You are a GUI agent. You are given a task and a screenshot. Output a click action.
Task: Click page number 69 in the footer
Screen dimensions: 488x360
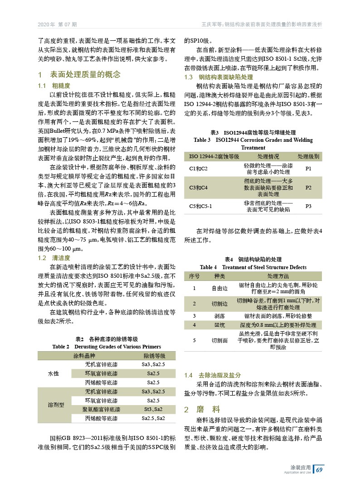coord(319,469)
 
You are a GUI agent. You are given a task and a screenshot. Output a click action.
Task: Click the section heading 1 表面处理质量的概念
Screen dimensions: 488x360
coord(79,74)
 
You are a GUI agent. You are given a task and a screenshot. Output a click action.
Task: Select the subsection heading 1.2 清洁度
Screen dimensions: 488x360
coord(54,258)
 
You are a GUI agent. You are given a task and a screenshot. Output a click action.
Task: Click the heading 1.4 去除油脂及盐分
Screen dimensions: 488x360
coord(212,376)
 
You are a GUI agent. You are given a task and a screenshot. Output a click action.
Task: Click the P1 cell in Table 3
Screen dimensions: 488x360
coord(308,169)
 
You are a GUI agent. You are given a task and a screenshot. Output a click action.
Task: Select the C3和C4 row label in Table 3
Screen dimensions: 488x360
coord(198,187)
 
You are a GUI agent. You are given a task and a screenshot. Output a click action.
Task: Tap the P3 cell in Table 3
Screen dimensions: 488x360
coord(308,206)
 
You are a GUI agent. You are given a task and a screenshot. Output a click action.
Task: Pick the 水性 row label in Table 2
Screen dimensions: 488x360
coord(54,373)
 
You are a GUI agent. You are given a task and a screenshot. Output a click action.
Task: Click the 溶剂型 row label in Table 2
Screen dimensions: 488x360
coord(56,405)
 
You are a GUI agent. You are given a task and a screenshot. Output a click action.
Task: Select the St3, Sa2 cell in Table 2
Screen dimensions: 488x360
coord(153,409)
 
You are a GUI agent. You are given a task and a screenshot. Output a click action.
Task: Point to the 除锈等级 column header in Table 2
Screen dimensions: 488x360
coord(154,355)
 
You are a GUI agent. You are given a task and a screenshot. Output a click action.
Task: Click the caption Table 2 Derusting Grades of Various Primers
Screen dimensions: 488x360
coord(107,346)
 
